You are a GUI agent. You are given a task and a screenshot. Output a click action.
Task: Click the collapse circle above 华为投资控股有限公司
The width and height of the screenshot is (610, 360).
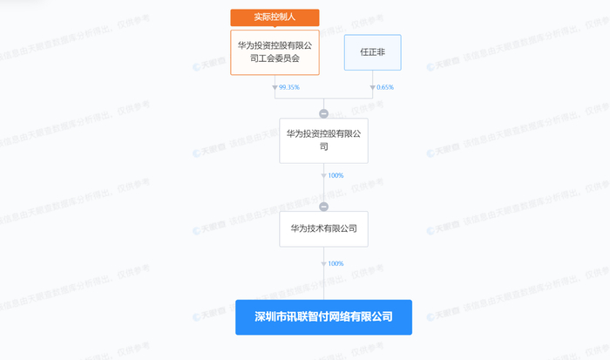tap(323, 113)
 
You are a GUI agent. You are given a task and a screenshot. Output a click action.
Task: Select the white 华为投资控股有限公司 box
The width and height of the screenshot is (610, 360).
tap(323, 140)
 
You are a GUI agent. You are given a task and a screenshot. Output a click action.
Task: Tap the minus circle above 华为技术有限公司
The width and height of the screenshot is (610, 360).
tap(323, 207)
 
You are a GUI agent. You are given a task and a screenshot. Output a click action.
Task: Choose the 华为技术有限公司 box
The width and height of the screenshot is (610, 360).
tap(323, 228)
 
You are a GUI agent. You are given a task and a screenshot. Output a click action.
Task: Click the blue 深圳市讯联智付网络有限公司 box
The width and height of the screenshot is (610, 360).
tap(323, 317)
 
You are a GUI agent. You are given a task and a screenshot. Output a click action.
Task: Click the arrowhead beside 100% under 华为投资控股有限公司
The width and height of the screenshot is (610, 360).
tap(323, 176)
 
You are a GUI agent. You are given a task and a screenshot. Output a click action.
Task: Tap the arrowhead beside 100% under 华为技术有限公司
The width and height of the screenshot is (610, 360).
tap(323, 263)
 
